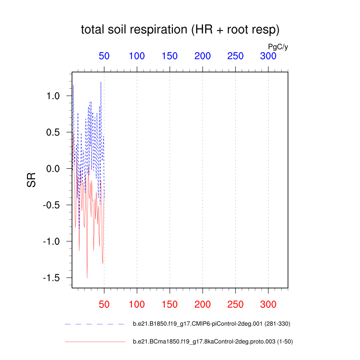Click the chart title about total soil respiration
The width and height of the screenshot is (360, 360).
click(x=180, y=31)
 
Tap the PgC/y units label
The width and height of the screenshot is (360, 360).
click(x=278, y=46)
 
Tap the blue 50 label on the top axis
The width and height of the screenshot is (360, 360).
click(x=104, y=56)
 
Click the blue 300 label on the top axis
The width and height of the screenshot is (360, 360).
click(x=268, y=56)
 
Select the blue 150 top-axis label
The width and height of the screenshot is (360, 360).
click(x=170, y=56)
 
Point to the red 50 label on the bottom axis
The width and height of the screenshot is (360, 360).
click(x=104, y=304)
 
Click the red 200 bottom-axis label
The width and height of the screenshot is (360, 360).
click(x=202, y=304)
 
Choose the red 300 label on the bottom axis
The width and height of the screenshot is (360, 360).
click(x=268, y=304)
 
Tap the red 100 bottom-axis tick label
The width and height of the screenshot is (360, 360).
click(x=137, y=304)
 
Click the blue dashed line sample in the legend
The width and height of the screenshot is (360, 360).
click(x=94, y=324)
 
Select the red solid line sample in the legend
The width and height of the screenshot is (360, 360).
click(x=94, y=342)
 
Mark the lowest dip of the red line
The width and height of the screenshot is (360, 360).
click(x=87, y=278)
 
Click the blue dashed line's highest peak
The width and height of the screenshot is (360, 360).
click(x=101, y=82)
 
